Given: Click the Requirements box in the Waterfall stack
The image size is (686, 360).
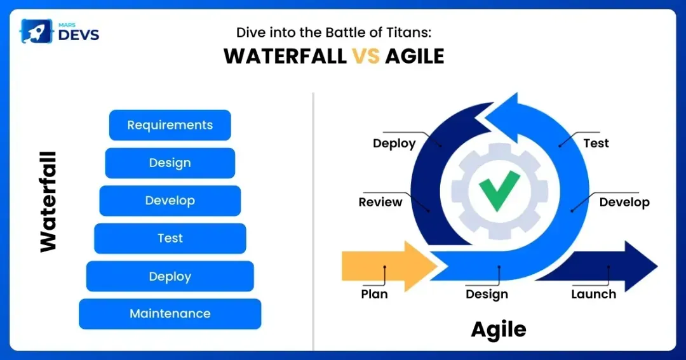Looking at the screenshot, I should (170, 125).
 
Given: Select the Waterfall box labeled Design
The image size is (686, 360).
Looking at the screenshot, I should (170, 163).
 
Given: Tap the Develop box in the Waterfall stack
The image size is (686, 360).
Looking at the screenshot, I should (170, 201).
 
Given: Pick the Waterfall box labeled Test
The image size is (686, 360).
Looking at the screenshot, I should (170, 238).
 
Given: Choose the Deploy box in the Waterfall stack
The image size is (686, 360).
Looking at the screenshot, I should (170, 276).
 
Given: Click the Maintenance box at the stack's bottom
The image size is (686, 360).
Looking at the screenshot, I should (170, 314).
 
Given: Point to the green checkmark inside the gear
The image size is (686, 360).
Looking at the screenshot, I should (499, 190).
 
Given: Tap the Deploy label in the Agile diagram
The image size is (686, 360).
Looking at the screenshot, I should (394, 143).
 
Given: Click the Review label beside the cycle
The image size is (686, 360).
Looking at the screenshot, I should (380, 203).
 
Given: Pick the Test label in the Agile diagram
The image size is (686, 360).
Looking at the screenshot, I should (596, 143).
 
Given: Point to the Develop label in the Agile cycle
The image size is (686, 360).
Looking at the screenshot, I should (624, 203).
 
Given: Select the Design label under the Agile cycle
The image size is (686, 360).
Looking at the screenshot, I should (487, 295).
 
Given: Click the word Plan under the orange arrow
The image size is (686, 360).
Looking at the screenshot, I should (374, 295).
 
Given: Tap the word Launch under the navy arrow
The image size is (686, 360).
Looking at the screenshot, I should (593, 295).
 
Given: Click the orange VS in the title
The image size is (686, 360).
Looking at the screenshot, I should (366, 57).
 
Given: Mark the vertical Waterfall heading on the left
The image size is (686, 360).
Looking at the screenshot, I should (48, 202).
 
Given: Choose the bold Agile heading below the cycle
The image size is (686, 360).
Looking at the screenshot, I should (498, 329).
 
